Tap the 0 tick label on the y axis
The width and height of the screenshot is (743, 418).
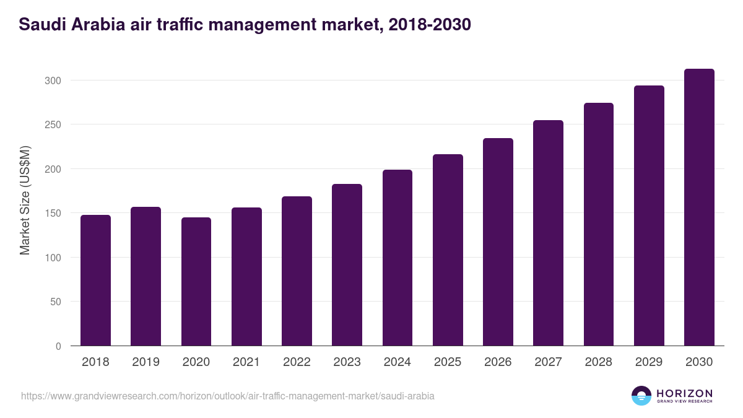pos(58,346)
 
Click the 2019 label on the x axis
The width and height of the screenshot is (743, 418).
pos(146,362)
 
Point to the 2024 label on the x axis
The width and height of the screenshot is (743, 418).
pos(397,362)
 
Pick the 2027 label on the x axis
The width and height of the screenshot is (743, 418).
pos(548,362)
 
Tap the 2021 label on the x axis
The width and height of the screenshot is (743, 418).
pos(246,362)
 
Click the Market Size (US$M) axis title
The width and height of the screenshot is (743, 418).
pos(25,201)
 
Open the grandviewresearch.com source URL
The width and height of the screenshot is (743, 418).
pos(227,396)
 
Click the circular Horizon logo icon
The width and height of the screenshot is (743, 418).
pos(641,396)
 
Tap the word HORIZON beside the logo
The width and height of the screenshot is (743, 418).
pos(684,393)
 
